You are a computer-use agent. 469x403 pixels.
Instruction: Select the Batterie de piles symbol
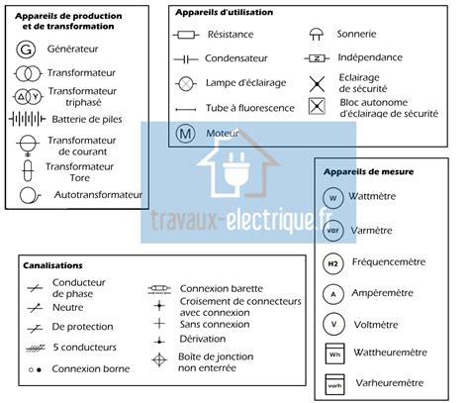tap(26, 120)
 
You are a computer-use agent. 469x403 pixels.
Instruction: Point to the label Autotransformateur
tap(99, 195)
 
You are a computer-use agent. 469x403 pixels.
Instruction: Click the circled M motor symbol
tap(185, 132)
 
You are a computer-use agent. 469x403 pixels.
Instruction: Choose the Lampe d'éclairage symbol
tap(185, 82)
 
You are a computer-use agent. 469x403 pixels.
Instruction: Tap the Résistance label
tap(230, 34)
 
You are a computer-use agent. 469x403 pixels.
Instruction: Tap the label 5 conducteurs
tap(85, 347)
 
